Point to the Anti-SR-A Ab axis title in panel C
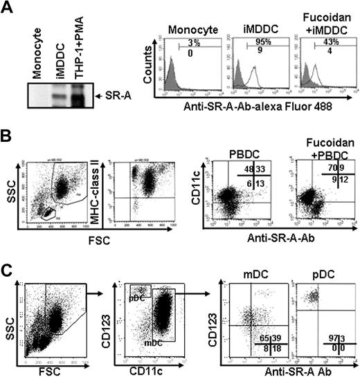(x=284, y=368)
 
